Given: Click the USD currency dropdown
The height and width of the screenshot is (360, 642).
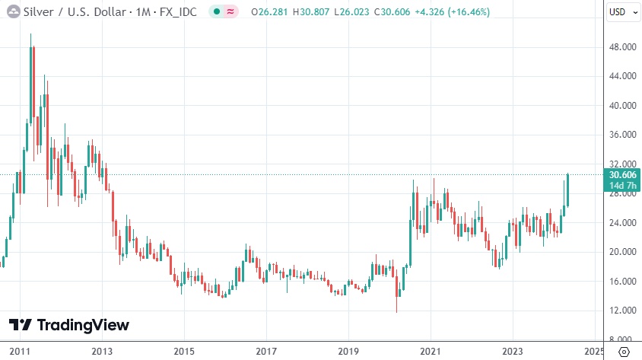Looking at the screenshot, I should coord(623,12).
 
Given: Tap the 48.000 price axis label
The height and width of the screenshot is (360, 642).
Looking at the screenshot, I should coord(623,47).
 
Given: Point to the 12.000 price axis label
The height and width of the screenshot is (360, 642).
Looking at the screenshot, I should coord(623,311).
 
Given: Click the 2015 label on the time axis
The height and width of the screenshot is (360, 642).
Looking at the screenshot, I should coord(183,352).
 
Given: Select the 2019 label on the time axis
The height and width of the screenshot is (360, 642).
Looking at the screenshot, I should coord(348,352).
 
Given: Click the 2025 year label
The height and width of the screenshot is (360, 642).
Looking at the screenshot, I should coord(594,352).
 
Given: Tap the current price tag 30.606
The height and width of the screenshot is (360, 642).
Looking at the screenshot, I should coord(623,175).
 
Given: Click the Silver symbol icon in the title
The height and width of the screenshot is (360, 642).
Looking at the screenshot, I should coord(13,12).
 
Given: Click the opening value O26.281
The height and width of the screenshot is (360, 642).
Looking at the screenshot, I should coord(270,12).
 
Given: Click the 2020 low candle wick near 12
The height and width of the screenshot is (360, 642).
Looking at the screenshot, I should coord(397,304).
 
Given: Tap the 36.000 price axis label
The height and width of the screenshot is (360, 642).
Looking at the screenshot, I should coord(623,135).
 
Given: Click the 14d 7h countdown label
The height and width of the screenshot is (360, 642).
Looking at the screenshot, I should coord(623,186).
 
